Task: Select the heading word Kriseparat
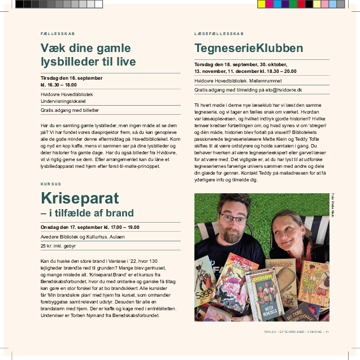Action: [x=80, y=198]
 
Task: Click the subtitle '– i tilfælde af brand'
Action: [x=87, y=213]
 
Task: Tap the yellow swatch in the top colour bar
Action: [x=261, y=4]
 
